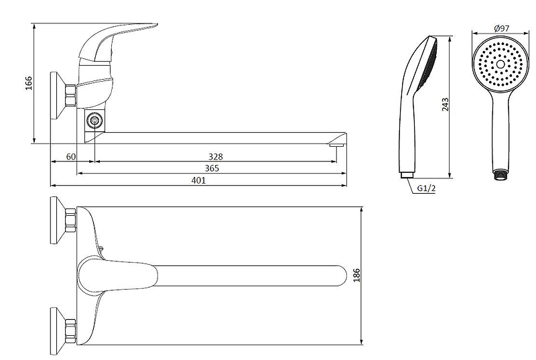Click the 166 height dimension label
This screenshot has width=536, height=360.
coord(29,83)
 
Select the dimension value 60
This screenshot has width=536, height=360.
coord(71,157)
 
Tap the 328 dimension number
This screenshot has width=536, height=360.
coord(215,157)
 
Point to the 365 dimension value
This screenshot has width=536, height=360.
coord(212,168)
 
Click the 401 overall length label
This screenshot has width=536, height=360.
coord(198,180)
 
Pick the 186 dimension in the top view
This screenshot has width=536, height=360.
coord(356,276)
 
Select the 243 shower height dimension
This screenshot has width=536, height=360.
coord(445,105)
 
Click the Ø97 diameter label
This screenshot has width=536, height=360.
coord(501,28)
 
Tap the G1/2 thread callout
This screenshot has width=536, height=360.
coord(426,188)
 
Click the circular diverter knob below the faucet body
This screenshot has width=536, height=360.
coord(94,121)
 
